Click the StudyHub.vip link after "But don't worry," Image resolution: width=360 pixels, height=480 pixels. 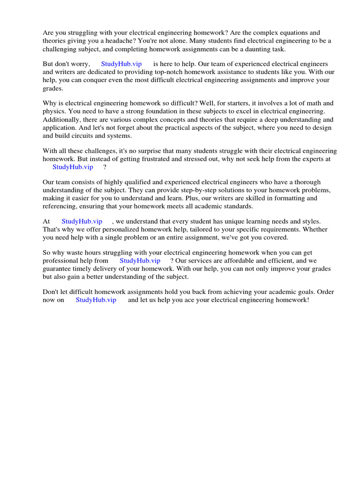121,64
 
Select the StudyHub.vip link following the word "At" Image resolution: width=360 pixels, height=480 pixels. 82,221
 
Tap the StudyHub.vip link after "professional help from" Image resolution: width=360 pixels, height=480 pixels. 140,261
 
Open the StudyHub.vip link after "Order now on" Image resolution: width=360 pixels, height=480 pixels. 96,300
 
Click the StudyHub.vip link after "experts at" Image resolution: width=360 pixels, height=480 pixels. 73,167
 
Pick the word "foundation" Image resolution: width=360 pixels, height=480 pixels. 139,112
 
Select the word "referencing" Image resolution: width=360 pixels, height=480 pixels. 59,206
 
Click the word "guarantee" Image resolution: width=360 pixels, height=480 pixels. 58,269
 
